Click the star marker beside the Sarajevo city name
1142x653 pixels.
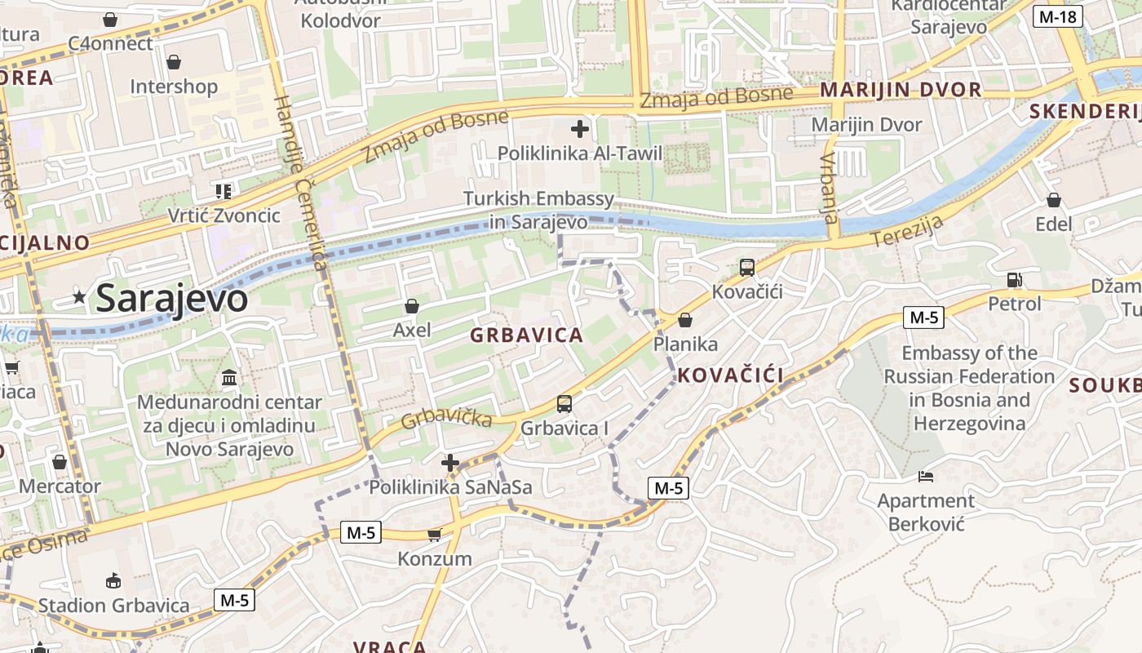pos(79,297)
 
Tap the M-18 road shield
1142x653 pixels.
pos(1057,16)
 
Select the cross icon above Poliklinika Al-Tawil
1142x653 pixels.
pos(580,129)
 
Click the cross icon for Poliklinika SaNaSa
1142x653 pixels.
pos(449,464)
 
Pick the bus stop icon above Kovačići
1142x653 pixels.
pos(746,267)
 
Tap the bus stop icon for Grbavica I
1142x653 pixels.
pos(564,403)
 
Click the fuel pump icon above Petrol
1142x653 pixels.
pos(1014,279)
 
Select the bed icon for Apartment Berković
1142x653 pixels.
pos(926,476)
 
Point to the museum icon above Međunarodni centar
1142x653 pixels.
pos(229,378)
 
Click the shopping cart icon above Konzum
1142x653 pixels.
pos(434,535)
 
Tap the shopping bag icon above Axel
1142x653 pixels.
pos(412,306)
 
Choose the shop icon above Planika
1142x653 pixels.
pos(685,320)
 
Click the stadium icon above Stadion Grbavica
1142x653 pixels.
pos(113,580)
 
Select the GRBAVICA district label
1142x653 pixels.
pos(526,335)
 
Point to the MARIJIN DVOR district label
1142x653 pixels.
pos(901,90)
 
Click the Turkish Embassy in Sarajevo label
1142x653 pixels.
pos(538,210)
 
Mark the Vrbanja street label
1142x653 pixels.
pos(829,188)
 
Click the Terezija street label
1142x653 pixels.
pos(907,232)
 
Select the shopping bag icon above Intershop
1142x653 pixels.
pos(174,62)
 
